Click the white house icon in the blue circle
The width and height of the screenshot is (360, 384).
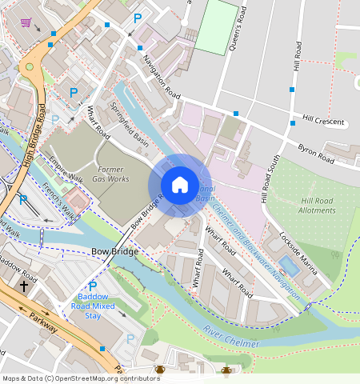tap(180, 185)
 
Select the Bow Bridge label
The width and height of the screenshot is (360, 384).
tap(115, 251)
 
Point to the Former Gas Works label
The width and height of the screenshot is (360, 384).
tap(113, 174)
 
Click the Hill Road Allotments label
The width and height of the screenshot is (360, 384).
tap(318, 205)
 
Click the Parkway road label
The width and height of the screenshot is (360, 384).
tap(39, 318)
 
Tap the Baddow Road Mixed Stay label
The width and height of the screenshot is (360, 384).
tap(95, 306)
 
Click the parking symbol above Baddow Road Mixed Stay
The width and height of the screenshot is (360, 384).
tap(92, 286)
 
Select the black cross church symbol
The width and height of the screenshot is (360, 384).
tap(24, 285)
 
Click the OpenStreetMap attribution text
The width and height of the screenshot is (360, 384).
tap(81, 378)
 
